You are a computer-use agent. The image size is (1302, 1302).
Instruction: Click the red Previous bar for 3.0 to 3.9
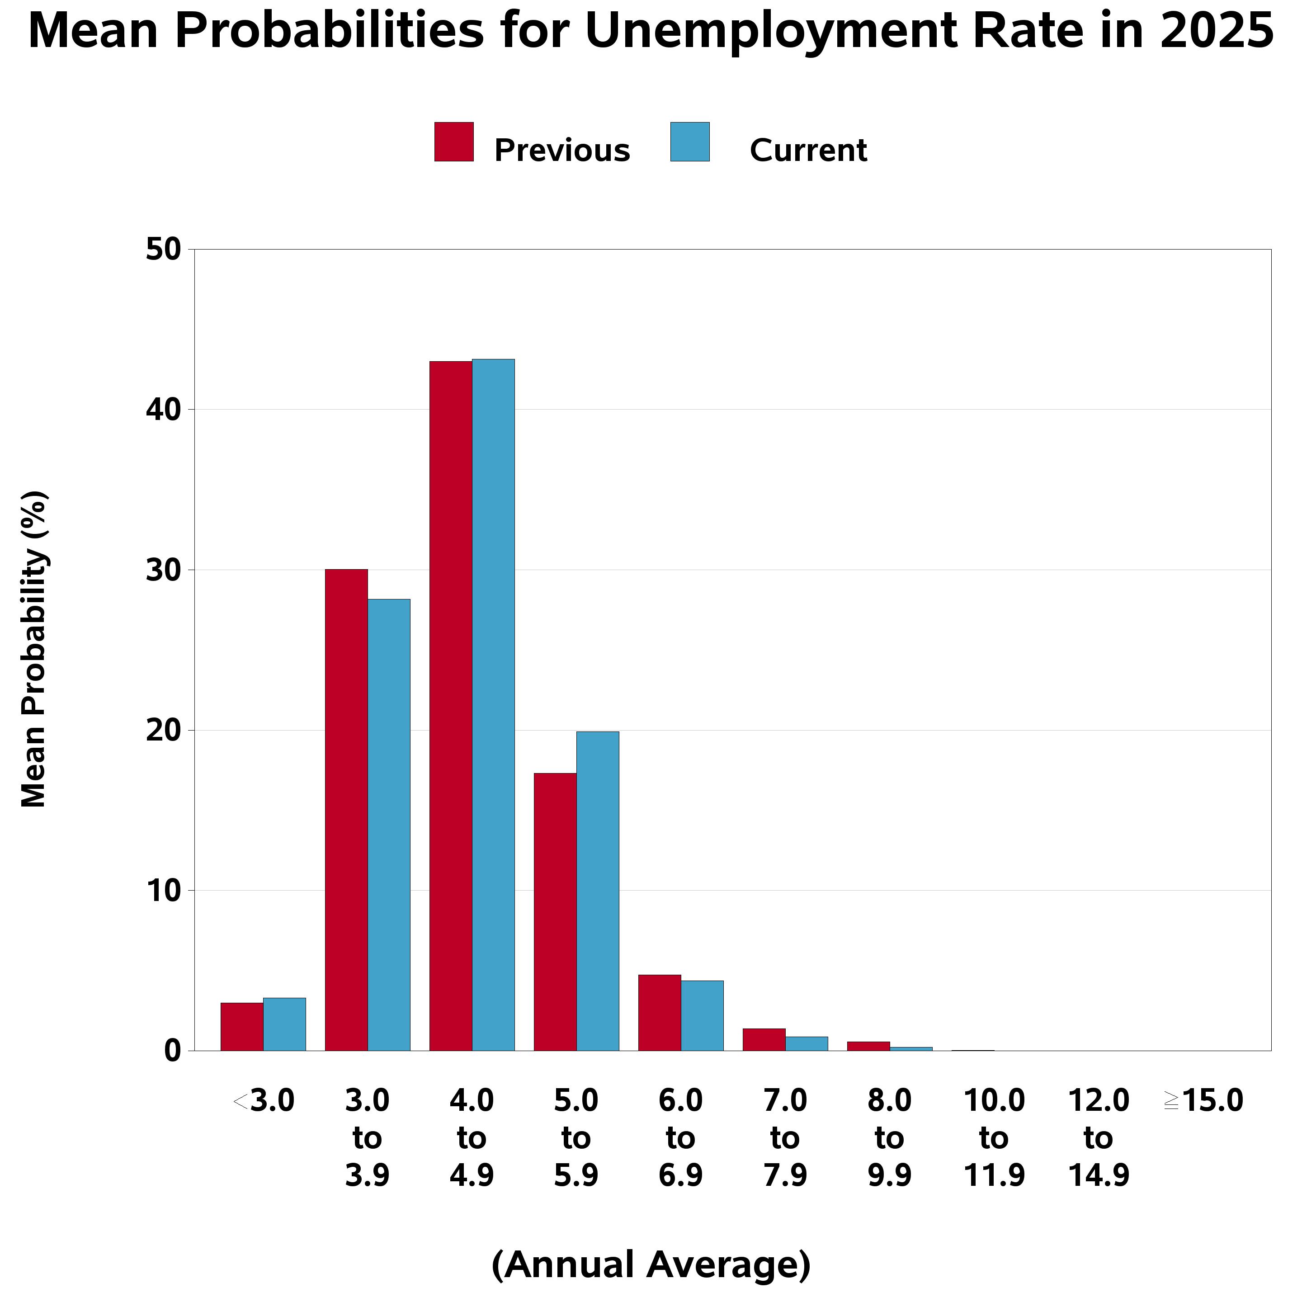coord(346,809)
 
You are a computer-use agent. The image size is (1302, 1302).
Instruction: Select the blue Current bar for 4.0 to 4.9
coord(493,704)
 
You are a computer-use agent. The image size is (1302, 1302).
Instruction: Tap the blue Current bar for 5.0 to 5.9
coord(598,890)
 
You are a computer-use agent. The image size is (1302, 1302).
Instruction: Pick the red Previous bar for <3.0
coord(242,1026)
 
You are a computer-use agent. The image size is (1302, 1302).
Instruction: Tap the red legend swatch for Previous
coord(454,142)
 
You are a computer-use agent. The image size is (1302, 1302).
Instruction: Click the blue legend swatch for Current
coord(690,142)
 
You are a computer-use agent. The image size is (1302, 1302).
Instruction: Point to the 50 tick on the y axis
coord(164,250)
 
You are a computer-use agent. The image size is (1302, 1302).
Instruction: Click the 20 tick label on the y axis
coord(164,731)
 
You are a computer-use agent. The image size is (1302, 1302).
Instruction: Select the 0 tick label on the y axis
coord(173,1051)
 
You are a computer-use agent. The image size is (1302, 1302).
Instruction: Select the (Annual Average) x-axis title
coord(651,1264)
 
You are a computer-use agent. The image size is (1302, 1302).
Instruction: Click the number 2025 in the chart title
coord(1217,31)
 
